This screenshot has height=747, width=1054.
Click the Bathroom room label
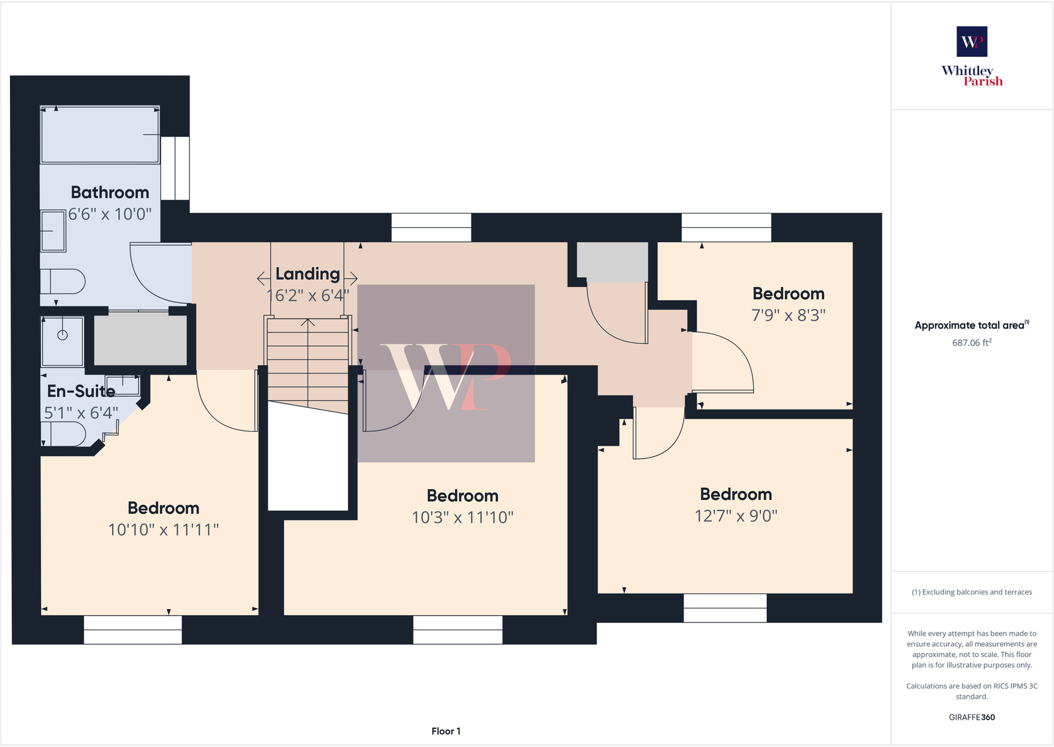[x=110, y=192]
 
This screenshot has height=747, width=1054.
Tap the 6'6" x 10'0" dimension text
[x=110, y=214]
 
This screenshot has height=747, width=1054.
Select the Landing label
[x=308, y=274]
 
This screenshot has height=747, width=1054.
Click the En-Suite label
[x=81, y=391]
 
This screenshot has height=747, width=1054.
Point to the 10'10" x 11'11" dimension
[x=163, y=530]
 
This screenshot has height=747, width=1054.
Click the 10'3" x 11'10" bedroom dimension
[x=463, y=518]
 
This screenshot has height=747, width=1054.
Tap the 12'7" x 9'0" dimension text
[x=736, y=516]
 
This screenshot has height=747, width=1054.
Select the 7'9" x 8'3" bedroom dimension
[x=788, y=316]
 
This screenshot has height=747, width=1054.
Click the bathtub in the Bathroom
[x=99, y=135]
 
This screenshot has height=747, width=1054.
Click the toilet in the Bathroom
[x=64, y=281]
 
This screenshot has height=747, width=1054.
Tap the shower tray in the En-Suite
[x=62, y=341]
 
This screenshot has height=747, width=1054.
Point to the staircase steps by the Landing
[x=308, y=365]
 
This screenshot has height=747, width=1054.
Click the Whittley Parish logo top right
[x=972, y=56]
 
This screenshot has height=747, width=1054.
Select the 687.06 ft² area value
[x=972, y=343]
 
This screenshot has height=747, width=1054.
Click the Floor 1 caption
[x=445, y=731]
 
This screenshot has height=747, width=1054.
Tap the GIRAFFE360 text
[x=972, y=717]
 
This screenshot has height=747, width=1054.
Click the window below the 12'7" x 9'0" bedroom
[x=725, y=608]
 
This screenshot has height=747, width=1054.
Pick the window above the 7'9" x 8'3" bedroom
[x=727, y=227]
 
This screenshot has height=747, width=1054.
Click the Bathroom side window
[x=176, y=168]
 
